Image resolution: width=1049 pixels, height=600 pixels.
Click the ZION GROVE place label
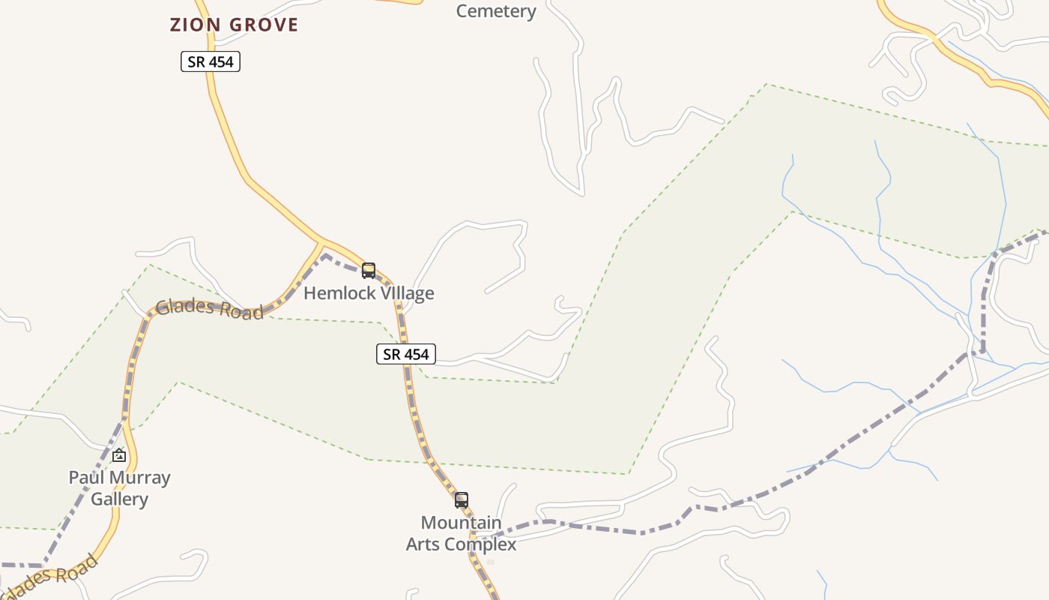tap(234, 25)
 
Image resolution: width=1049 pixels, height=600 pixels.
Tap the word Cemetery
tap(496, 11)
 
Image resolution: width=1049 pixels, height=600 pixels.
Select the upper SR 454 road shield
tap(211, 61)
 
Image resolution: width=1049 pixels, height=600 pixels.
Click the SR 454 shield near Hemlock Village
tap(405, 354)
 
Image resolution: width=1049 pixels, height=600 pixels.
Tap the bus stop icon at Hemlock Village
tap(368, 271)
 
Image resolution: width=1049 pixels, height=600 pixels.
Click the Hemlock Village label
tap(369, 293)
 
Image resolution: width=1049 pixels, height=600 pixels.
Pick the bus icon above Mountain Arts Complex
tap(462, 500)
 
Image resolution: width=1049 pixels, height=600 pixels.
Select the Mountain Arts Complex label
tap(461, 533)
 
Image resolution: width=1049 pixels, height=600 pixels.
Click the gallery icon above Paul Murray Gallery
tap(119, 455)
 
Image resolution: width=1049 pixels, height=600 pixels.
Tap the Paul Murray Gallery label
tap(119, 488)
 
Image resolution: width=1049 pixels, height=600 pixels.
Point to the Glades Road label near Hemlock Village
tap(210, 309)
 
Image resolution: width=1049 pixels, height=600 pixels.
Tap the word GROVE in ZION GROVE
tap(264, 25)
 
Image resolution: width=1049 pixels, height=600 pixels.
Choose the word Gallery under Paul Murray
tap(119, 499)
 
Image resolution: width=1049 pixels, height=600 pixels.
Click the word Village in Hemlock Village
tap(405, 293)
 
